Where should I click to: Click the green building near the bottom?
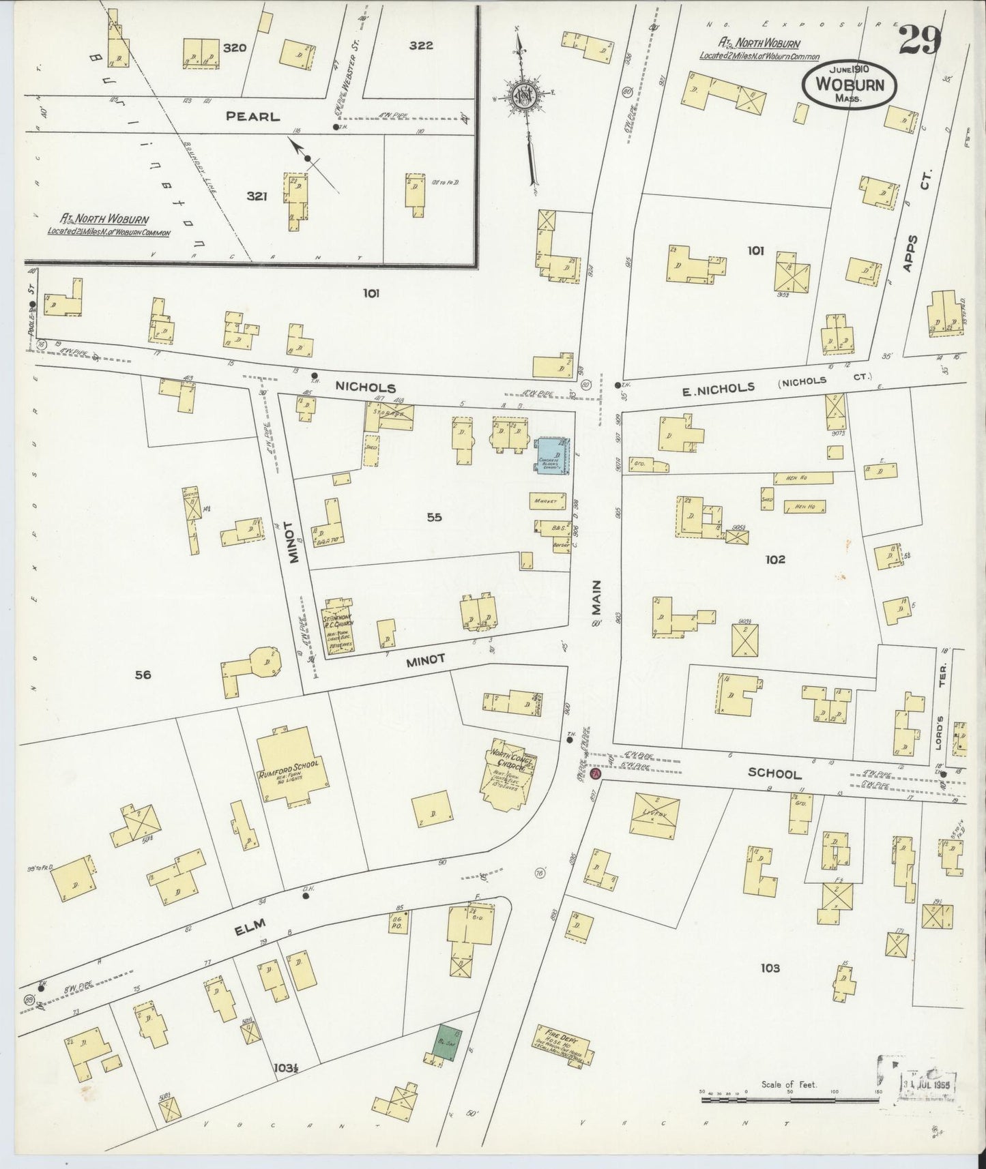[449, 1042]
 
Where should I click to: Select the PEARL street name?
[253, 117]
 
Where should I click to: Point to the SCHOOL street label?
[774, 773]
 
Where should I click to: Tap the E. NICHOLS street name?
[710, 389]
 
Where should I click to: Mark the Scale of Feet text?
[788, 1084]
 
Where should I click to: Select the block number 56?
[143, 675]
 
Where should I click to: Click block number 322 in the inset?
[421, 46]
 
